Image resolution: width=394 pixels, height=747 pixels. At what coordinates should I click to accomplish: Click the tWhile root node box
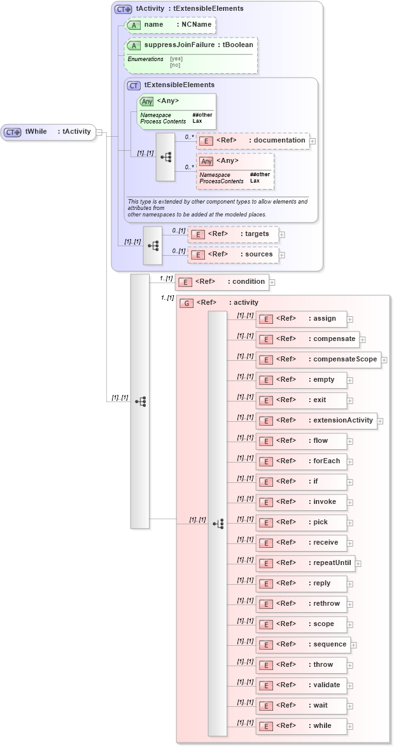click(x=48, y=132)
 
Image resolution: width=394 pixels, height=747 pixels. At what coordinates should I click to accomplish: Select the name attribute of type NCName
click(x=170, y=24)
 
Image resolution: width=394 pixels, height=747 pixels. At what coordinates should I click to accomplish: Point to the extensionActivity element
click(x=316, y=421)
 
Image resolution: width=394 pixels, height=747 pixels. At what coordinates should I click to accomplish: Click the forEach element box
click(x=301, y=461)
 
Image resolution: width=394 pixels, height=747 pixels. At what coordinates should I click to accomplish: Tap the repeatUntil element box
click(x=305, y=563)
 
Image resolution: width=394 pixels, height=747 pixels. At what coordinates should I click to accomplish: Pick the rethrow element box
click(x=301, y=604)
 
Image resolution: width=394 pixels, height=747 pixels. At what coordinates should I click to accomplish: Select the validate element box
click(x=301, y=685)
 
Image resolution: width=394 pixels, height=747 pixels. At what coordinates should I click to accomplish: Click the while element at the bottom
click(x=301, y=726)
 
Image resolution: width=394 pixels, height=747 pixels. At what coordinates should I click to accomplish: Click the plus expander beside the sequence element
click(x=354, y=645)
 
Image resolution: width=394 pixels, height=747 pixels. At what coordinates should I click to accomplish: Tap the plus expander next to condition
click(x=272, y=282)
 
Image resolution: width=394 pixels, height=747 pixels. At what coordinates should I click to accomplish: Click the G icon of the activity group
click(x=186, y=303)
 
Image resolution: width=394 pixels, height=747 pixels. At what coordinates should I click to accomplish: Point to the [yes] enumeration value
click(x=176, y=59)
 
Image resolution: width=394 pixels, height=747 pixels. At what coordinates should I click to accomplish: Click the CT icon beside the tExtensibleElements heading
click(x=134, y=85)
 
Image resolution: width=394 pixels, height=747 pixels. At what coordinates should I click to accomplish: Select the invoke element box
click(x=301, y=502)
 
